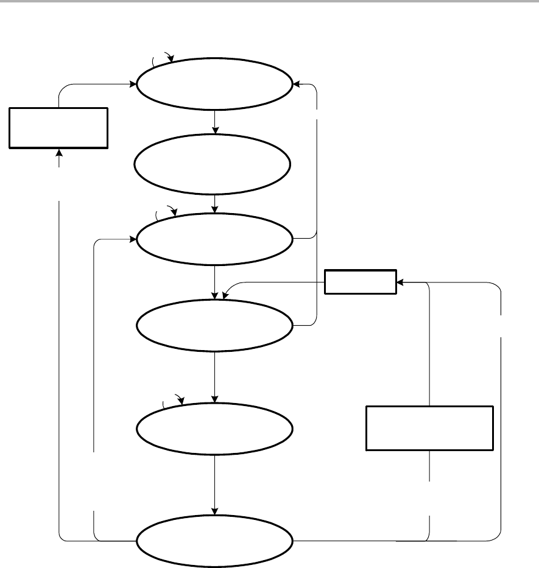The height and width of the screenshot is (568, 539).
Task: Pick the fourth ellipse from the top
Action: [214, 325]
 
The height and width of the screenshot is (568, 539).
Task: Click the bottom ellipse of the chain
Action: [214, 541]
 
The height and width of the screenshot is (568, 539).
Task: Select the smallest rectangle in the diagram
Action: [360, 281]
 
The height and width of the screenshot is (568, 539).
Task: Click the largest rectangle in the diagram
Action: [429, 428]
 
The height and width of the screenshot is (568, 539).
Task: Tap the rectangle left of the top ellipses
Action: [58, 128]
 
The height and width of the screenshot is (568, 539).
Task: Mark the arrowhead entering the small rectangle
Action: [400, 282]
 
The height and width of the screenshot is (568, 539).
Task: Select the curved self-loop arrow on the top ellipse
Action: [163, 58]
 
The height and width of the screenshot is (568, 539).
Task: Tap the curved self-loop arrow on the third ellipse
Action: [166, 212]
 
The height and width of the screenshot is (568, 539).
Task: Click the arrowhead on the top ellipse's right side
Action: [296, 85]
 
